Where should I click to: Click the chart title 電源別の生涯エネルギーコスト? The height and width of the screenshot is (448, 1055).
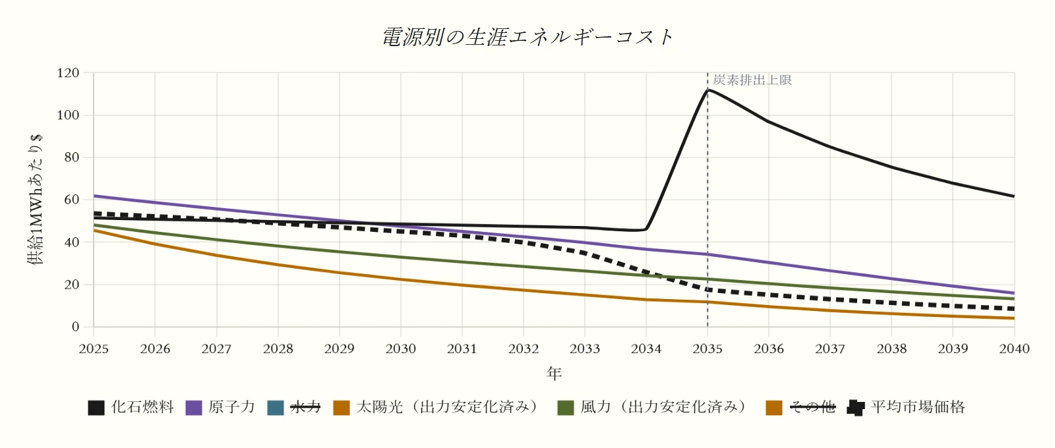pos(527,37)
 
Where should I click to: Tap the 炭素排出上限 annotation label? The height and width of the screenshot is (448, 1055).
pos(752,80)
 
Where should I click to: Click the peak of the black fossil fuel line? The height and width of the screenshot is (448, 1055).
pos(708,90)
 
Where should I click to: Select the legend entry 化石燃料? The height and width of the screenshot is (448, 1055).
pos(131,407)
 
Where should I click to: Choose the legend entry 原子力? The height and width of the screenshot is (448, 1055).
pos(220,407)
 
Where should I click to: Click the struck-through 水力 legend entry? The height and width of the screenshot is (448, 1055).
pos(294,407)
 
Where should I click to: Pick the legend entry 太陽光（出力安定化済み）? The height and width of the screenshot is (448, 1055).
pos(436,407)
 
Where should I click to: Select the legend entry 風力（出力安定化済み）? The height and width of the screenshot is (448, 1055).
pos(652,407)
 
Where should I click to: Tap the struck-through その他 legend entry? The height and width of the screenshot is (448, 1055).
pos(800,407)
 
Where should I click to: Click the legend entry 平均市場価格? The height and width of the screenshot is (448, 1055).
pos(906,407)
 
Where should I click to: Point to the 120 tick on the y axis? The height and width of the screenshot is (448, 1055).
pos(68,73)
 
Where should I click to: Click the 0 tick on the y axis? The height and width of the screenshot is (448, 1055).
pos(75,327)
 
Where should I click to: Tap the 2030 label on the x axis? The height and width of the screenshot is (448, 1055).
pos(401,349)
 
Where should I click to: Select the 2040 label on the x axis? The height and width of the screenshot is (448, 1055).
pos(1015,349)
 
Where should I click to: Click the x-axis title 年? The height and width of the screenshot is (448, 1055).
pos(554,374)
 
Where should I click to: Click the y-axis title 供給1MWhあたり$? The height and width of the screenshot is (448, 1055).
pos(36,200)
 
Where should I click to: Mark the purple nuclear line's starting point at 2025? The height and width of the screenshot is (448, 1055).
pos(94,196)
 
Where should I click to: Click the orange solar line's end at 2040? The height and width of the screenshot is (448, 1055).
pos(1014,319)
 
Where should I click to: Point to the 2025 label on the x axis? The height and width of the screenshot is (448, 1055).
pos(94,349)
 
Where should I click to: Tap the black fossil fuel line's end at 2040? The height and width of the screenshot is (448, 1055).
pos(1014,196)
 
